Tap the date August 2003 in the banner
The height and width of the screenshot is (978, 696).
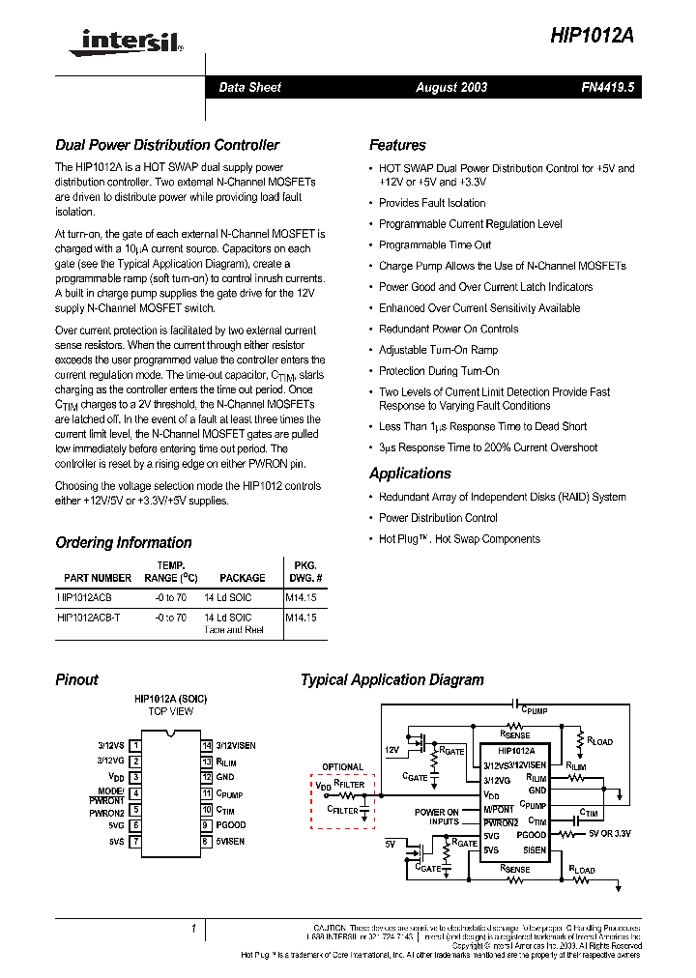[x=451, y=87]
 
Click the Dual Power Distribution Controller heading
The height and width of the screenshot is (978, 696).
[x=167, y=145]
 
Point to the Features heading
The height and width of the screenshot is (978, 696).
[x=397, y=145]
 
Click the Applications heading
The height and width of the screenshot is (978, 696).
[x=410, y=474]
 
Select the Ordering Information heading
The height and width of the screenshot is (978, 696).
[x=124, y=542]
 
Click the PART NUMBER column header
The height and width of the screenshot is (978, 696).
[x=98, y=578]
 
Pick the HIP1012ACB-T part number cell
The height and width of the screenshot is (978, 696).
[x=89, y=617]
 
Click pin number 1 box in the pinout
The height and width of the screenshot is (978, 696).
[x=136, y=745]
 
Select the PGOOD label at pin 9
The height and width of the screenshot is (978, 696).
[x=230, y=825]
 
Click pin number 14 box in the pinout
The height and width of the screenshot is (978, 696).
[x=206, y=745]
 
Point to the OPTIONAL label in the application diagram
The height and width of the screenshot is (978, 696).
[x=342, y=767]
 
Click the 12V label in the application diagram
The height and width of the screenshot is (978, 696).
[x=391, y=749]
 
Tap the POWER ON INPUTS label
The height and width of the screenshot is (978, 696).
[x=437, y=818]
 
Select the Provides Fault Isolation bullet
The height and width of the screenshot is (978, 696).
[x=432, y=203]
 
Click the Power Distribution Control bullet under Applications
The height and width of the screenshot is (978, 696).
[x=438, y=518]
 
